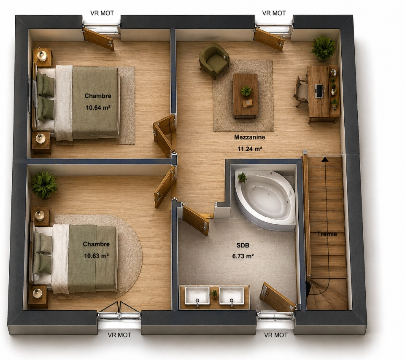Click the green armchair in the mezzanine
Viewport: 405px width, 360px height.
[214, 61]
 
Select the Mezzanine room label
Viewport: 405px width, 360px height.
[249, 137]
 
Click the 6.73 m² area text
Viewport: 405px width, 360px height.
[243, 256]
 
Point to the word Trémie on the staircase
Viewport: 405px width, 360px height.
[327, 234]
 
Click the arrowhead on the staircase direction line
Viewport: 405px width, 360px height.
[325, 159]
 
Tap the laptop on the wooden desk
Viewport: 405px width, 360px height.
[319, 91]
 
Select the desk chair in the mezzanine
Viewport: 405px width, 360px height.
[301, 91]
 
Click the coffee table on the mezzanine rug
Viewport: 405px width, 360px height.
[246, 96]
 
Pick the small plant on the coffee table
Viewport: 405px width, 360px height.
[247, 91]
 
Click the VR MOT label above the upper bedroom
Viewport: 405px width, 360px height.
[102, 13]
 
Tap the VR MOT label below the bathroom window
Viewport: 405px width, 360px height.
[275, 335]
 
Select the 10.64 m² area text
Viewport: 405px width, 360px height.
[98, 107]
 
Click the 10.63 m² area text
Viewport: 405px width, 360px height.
[96, 256]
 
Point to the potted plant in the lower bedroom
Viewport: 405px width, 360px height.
[44, 185]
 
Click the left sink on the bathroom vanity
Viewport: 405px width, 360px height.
[197, 296]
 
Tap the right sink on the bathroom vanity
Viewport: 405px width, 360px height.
[232, 296]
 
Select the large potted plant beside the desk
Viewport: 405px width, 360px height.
[324, 48]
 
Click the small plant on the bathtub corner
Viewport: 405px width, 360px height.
[242, 177]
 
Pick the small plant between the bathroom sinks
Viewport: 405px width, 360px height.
[214, 294]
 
